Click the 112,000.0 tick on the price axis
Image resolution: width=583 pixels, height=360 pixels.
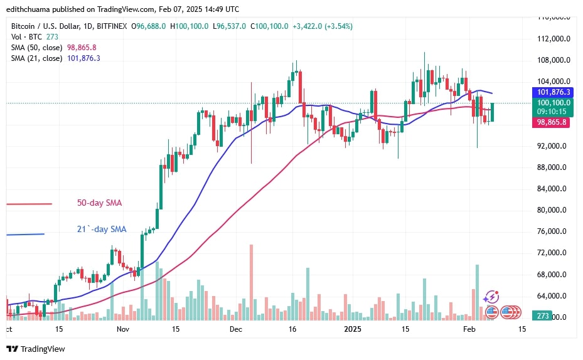553,39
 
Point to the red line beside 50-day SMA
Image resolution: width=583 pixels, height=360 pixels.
29,204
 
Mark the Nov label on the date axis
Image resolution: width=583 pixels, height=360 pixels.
123,329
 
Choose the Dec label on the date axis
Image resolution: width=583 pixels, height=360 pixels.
236,329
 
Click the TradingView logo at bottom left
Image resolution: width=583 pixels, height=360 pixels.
36,349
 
